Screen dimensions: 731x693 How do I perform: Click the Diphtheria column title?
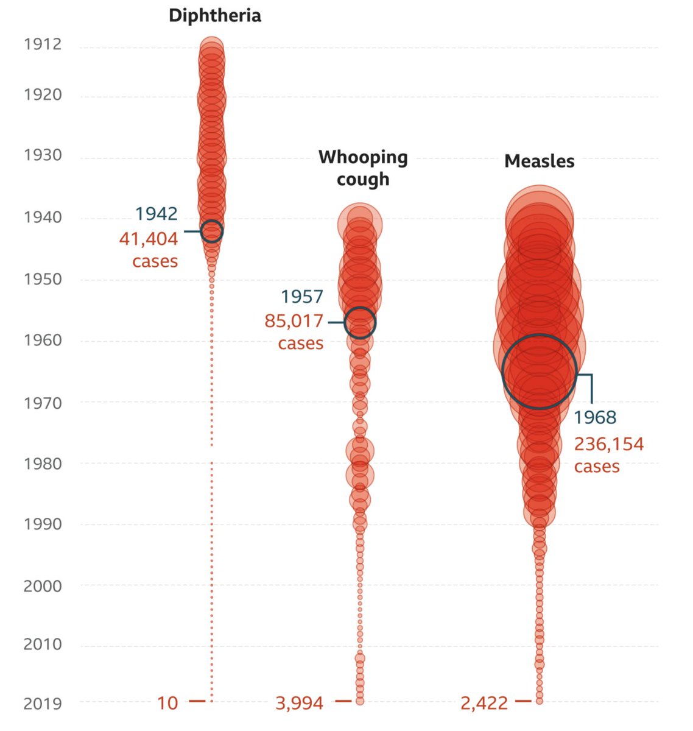[x=214, y=15]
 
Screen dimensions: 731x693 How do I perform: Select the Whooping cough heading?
[x=363, y=168]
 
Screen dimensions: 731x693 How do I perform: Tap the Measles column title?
[x=539, y=161]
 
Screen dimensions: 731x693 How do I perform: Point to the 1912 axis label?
[x=43, y=44]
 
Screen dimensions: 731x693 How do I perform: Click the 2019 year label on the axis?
[x=43, y=704]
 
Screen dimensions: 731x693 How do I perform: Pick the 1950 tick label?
[x=43, y=279]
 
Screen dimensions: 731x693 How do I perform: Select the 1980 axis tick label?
[x=43, y=463]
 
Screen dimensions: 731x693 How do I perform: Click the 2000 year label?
[x=43, y=586]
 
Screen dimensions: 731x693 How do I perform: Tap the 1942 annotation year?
[x=157, y=214]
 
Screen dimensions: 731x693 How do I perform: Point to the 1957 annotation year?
[x=302, y=297]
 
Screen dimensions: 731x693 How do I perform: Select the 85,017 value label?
[x=294, y=320]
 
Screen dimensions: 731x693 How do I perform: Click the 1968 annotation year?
[x=595, y=417]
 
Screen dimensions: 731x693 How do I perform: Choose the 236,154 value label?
[x=608, y=444]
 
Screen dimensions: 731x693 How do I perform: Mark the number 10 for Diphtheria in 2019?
[x=167, y=704]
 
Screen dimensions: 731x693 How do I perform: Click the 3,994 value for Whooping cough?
[x=300, y=704]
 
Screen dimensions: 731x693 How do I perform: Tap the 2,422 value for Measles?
[x=484, y=704]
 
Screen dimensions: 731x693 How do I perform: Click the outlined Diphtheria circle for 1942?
[x=212, y=231]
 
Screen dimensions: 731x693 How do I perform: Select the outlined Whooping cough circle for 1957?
[x=360, y=323]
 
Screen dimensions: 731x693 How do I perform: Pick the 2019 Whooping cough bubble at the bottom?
[x=360, y=701]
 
